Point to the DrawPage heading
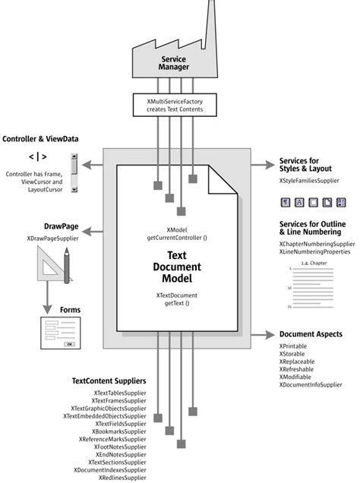tap(43, 227)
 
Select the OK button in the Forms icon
tap(69, 343)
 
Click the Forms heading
tap(70, 310)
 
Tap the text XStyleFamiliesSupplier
tap(308, 182)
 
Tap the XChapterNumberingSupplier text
tap(317, 244)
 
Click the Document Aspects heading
tap(311, 334)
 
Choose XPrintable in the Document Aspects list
tap(293, 346)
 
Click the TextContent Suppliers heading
tap(109, 380)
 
